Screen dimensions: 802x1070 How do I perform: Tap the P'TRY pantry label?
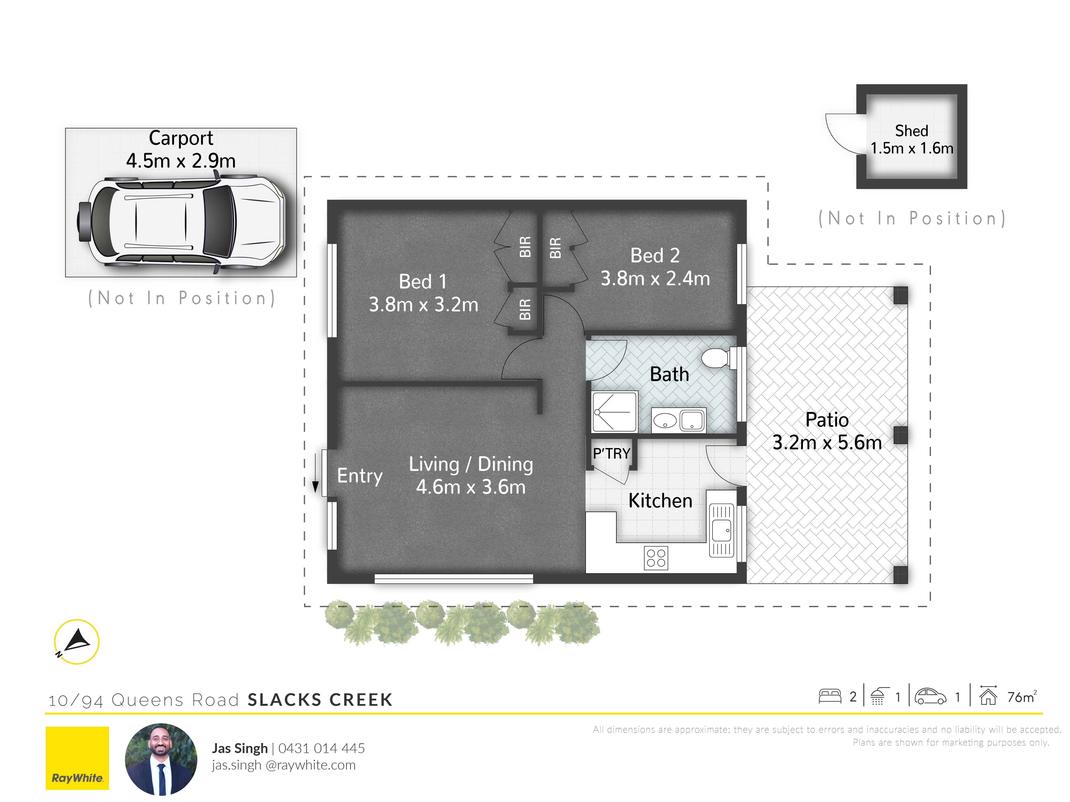click(x=611, y=453)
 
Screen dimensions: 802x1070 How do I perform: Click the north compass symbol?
click(x=76, y=642)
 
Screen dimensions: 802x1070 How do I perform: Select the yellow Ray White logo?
click(x=77, y=758)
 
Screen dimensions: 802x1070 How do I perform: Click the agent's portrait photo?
click(x=161, y=759)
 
